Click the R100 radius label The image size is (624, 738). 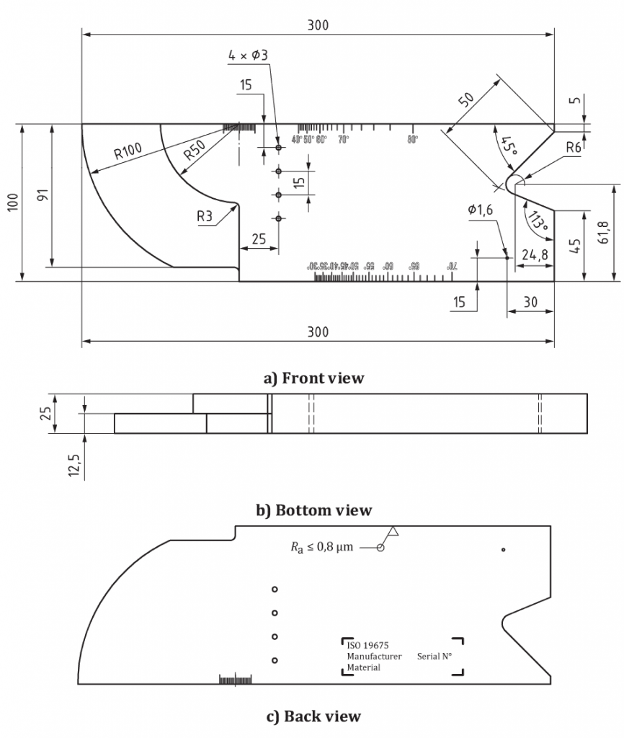pyautogui.click(x=128, y=151)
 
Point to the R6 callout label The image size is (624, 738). pyautogui.click(x=574, y=147)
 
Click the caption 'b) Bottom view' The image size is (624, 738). pyautogui.click(x=315, y=510)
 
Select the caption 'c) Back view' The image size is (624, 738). pyautogui.click(x=313, y=716)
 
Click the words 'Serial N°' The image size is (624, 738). pyautogui.click(x=434, y=657)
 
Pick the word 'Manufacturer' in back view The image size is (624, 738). pyautogui.click(x=374, y=657)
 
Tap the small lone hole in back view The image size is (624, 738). pyautogui.click(x=503, y=550)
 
